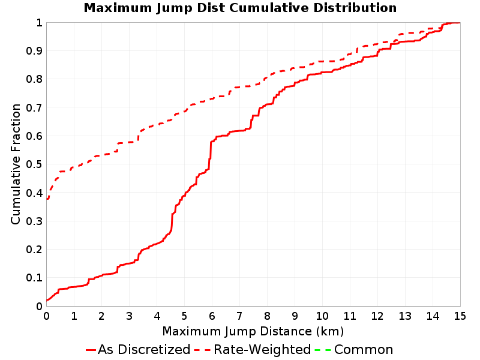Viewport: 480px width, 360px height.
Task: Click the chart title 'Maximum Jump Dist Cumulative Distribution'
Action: pos(240,8)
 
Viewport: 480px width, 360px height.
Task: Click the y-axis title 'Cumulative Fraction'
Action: pos(16,164)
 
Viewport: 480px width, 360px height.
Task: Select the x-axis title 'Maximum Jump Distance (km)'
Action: pos(253,331)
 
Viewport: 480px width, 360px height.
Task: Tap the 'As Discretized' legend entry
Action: pos(138,349)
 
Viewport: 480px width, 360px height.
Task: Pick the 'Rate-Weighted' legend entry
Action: pos(253,349)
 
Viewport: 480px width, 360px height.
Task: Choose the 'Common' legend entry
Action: pos(354,349)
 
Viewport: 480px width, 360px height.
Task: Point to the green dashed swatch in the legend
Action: pos(323,350)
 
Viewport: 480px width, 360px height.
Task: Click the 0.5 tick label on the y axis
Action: pos(34,164)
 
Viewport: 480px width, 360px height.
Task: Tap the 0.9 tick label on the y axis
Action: pos(34,51)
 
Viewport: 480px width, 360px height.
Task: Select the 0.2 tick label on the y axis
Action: pos(34,250)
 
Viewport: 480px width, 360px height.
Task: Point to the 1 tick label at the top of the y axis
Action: pos(39,23)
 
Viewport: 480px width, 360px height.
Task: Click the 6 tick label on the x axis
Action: pos(212,316)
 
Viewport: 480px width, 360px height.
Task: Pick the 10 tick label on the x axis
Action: pos(322,316)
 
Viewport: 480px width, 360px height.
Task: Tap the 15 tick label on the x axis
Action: pos(460,316)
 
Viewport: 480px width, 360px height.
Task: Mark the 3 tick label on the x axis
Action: pos(129,316)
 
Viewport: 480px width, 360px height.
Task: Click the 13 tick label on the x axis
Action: pos(404,316)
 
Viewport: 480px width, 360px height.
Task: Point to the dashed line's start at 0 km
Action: pos(47,199)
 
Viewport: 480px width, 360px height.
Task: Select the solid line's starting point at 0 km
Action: pos(47,300)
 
